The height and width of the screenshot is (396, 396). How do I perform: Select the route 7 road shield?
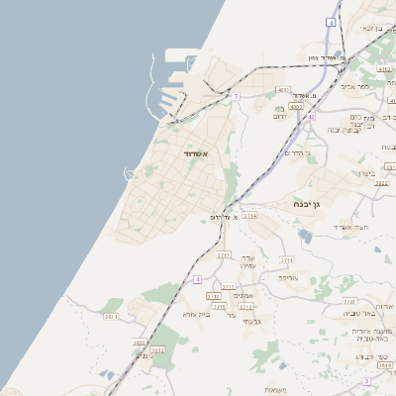click(237, 96)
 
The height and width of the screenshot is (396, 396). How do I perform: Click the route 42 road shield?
click(311, 117)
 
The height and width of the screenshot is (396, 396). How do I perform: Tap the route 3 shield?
click(366, 381)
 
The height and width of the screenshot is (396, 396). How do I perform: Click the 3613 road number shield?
click(385, 365)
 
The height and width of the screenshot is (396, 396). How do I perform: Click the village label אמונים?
click(244, 296)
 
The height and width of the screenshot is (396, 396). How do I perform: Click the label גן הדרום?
click(296, 152)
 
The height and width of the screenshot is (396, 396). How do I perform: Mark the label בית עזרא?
click(198, 314)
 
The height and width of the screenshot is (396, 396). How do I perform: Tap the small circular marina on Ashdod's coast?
click(129, 174)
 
